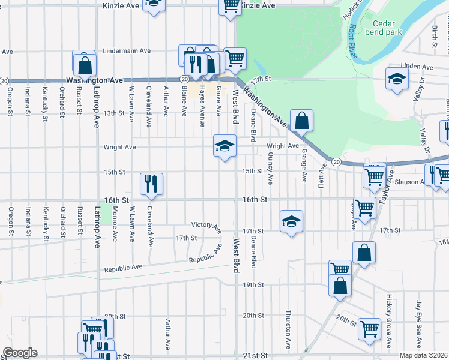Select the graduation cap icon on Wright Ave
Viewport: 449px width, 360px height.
[x=225, y=146]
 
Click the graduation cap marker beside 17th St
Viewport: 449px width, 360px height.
[x=291, y=222]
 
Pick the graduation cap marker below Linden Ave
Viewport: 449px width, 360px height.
[x=397, y=79]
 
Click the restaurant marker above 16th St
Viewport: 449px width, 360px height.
[x=151, y=184]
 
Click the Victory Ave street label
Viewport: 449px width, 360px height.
[x=206, y=227]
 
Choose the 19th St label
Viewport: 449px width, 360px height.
[x=253, y=284]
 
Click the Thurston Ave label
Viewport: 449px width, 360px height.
[x=289, y=331]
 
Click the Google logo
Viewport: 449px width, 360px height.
[x=20, y=353]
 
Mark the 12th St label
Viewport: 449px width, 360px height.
[x=262, y=79]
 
